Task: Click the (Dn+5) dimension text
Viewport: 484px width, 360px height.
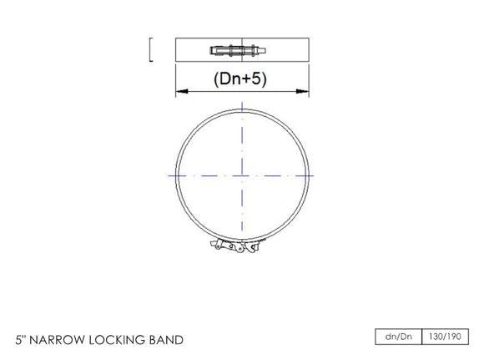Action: [x=241, y=79]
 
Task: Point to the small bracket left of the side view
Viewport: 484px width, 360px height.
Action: [x=149, y=50]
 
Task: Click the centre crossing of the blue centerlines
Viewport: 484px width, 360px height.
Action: [x=242, y=175]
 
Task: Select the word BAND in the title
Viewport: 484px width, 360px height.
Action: [x=165, y=340]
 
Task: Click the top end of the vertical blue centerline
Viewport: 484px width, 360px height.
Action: [x=242, y=103]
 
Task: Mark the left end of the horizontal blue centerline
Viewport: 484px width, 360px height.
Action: [x=169, y=175]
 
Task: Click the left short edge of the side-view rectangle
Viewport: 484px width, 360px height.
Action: [x=175, y=50]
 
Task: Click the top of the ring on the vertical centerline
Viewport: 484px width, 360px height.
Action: [x=242, y=112]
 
